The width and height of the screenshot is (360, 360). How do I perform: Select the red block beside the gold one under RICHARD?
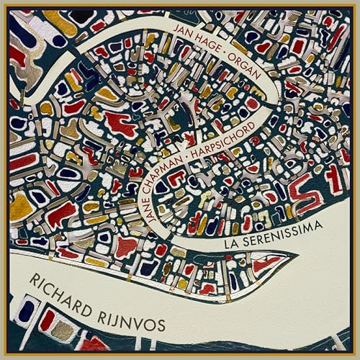coord(46,320)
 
